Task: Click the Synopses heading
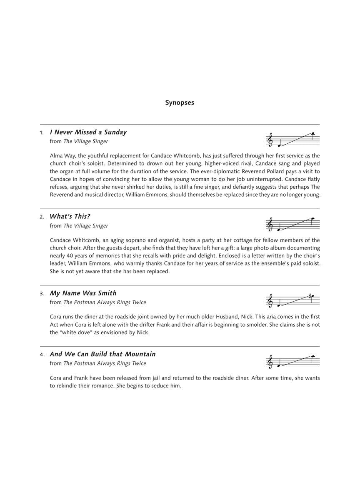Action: point(180,102)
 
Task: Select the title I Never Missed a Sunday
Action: point(88,132)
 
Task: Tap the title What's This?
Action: point(70,217)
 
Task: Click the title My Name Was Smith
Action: point(83,293)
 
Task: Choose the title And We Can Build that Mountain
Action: point(102,355)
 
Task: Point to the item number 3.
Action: point(42,294)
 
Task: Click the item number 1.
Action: point(42,133)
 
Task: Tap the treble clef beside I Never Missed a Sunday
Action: point(270,140)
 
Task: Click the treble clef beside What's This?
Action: point(270,225)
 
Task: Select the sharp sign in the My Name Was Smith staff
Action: point(310,296)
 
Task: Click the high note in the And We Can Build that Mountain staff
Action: point(313,357)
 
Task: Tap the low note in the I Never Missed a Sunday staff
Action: point(280,146)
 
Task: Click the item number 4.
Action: point(42,355)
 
